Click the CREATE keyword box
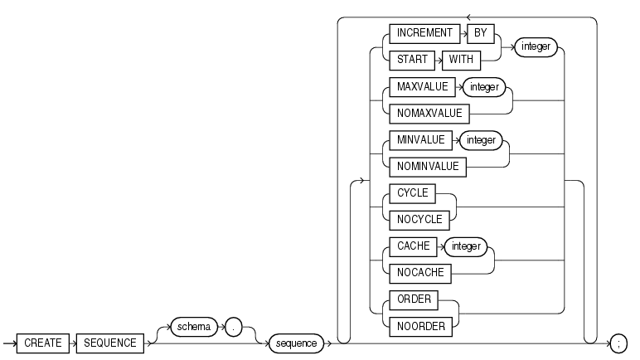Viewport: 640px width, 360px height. coord(41,343)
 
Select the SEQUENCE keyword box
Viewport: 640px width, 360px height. coord(109,343)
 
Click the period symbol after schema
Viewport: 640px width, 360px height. coord(235,327)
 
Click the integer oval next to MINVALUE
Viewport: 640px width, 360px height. coord(480,140)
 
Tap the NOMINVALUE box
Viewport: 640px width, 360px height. coord(426,167)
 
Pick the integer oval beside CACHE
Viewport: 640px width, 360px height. coord(466,246)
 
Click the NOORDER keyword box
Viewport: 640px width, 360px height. coord(421,326)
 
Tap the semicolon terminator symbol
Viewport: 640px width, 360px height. coord(618,343)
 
